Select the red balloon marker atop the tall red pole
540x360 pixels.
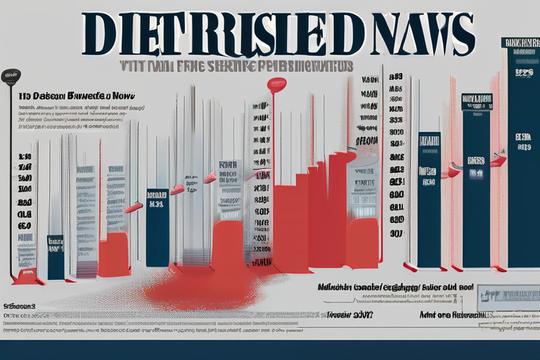point(276,85)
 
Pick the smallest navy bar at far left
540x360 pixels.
point(56,257)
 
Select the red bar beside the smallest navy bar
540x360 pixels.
point(114,255)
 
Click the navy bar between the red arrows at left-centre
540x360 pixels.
point(157,226)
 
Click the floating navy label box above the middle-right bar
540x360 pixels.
point(477,102)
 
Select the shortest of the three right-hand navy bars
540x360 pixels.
point(429,199)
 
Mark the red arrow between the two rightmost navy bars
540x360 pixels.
point(499,162)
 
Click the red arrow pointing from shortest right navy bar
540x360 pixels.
point(454,170)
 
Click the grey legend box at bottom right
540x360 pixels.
point(508,298)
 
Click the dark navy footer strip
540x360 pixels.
point(270,350)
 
